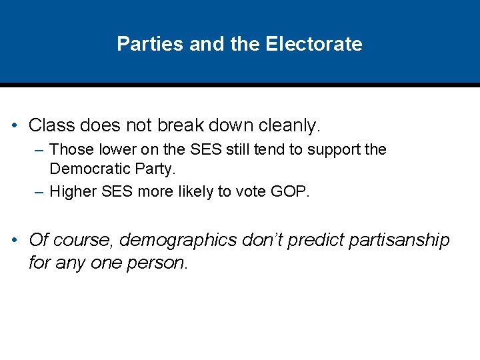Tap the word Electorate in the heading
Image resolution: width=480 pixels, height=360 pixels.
[314, 44]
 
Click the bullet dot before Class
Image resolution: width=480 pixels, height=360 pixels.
[14, 125]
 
